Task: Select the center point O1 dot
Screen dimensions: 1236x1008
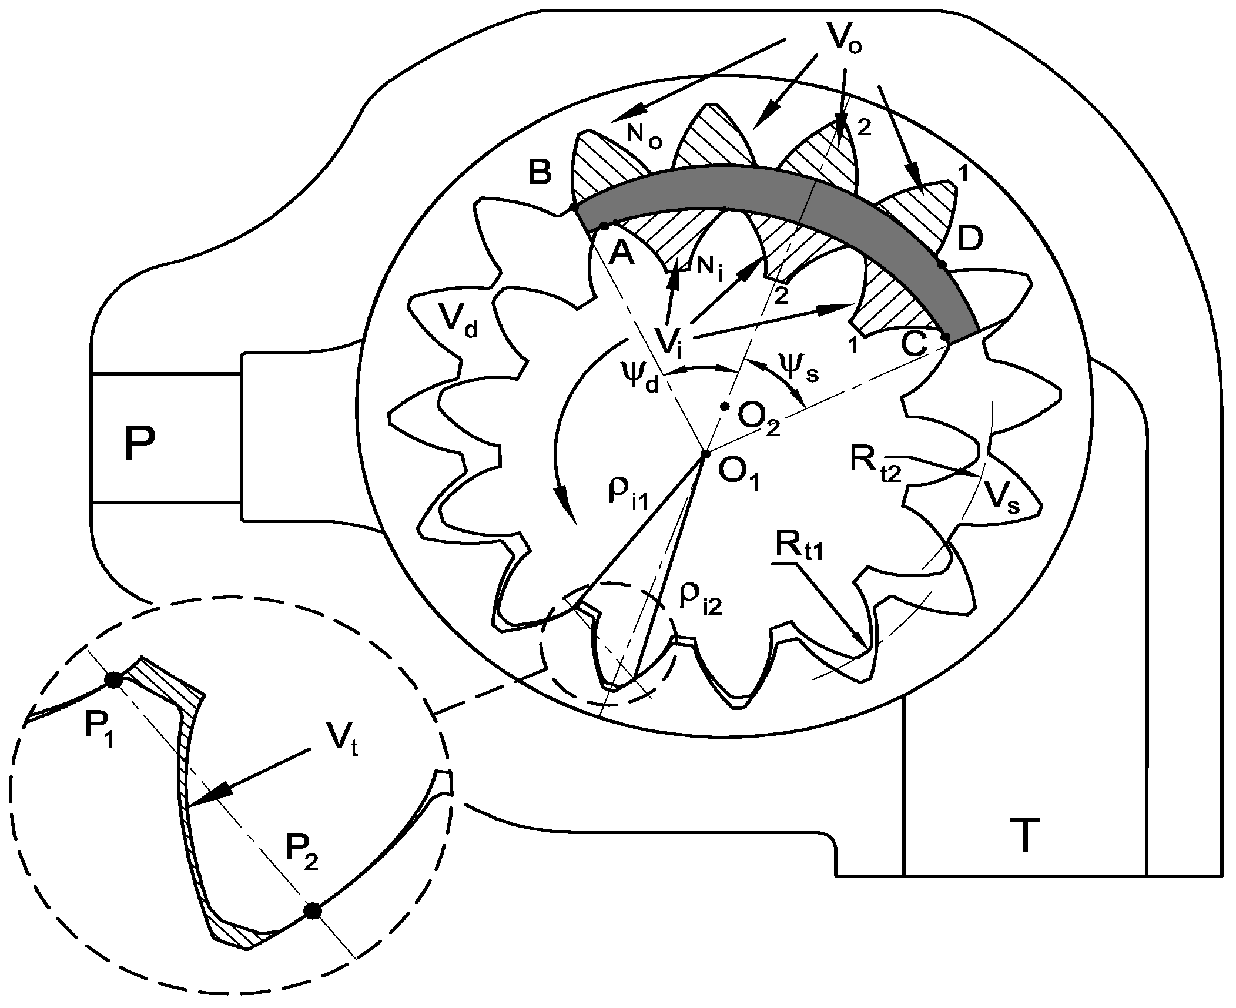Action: click(706, 453)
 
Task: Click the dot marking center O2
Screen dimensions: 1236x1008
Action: click(725, 406)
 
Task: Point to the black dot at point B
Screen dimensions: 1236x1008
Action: click(574, 207)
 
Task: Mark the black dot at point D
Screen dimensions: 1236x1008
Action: click(942, 265)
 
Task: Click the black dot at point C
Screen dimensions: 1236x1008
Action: click(946, 337)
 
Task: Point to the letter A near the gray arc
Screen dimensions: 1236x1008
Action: click(622, 253)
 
